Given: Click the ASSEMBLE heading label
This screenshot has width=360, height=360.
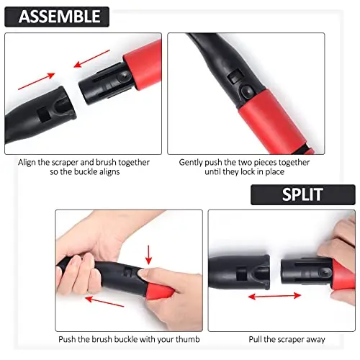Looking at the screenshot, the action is [57, 17].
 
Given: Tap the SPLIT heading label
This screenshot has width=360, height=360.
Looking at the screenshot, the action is [302, 194].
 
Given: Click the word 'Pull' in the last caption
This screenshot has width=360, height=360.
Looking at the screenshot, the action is [255, 339].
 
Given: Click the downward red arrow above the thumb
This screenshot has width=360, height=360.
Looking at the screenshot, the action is [149, 255].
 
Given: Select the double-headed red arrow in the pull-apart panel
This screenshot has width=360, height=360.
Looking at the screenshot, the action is [274, 296].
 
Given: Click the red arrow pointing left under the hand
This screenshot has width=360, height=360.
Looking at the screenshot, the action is [104, 302].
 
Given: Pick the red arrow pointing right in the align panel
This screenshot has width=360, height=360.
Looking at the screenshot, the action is [37, 81].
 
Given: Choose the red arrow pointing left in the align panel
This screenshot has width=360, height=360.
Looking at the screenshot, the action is [91, 59].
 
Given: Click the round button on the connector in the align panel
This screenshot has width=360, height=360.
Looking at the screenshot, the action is [124, 77].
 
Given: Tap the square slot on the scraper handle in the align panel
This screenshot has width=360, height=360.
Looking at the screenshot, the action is [44, 115].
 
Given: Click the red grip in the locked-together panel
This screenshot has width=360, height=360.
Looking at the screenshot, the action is [276, 122].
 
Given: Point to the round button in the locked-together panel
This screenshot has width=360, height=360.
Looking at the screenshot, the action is [247, 91].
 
